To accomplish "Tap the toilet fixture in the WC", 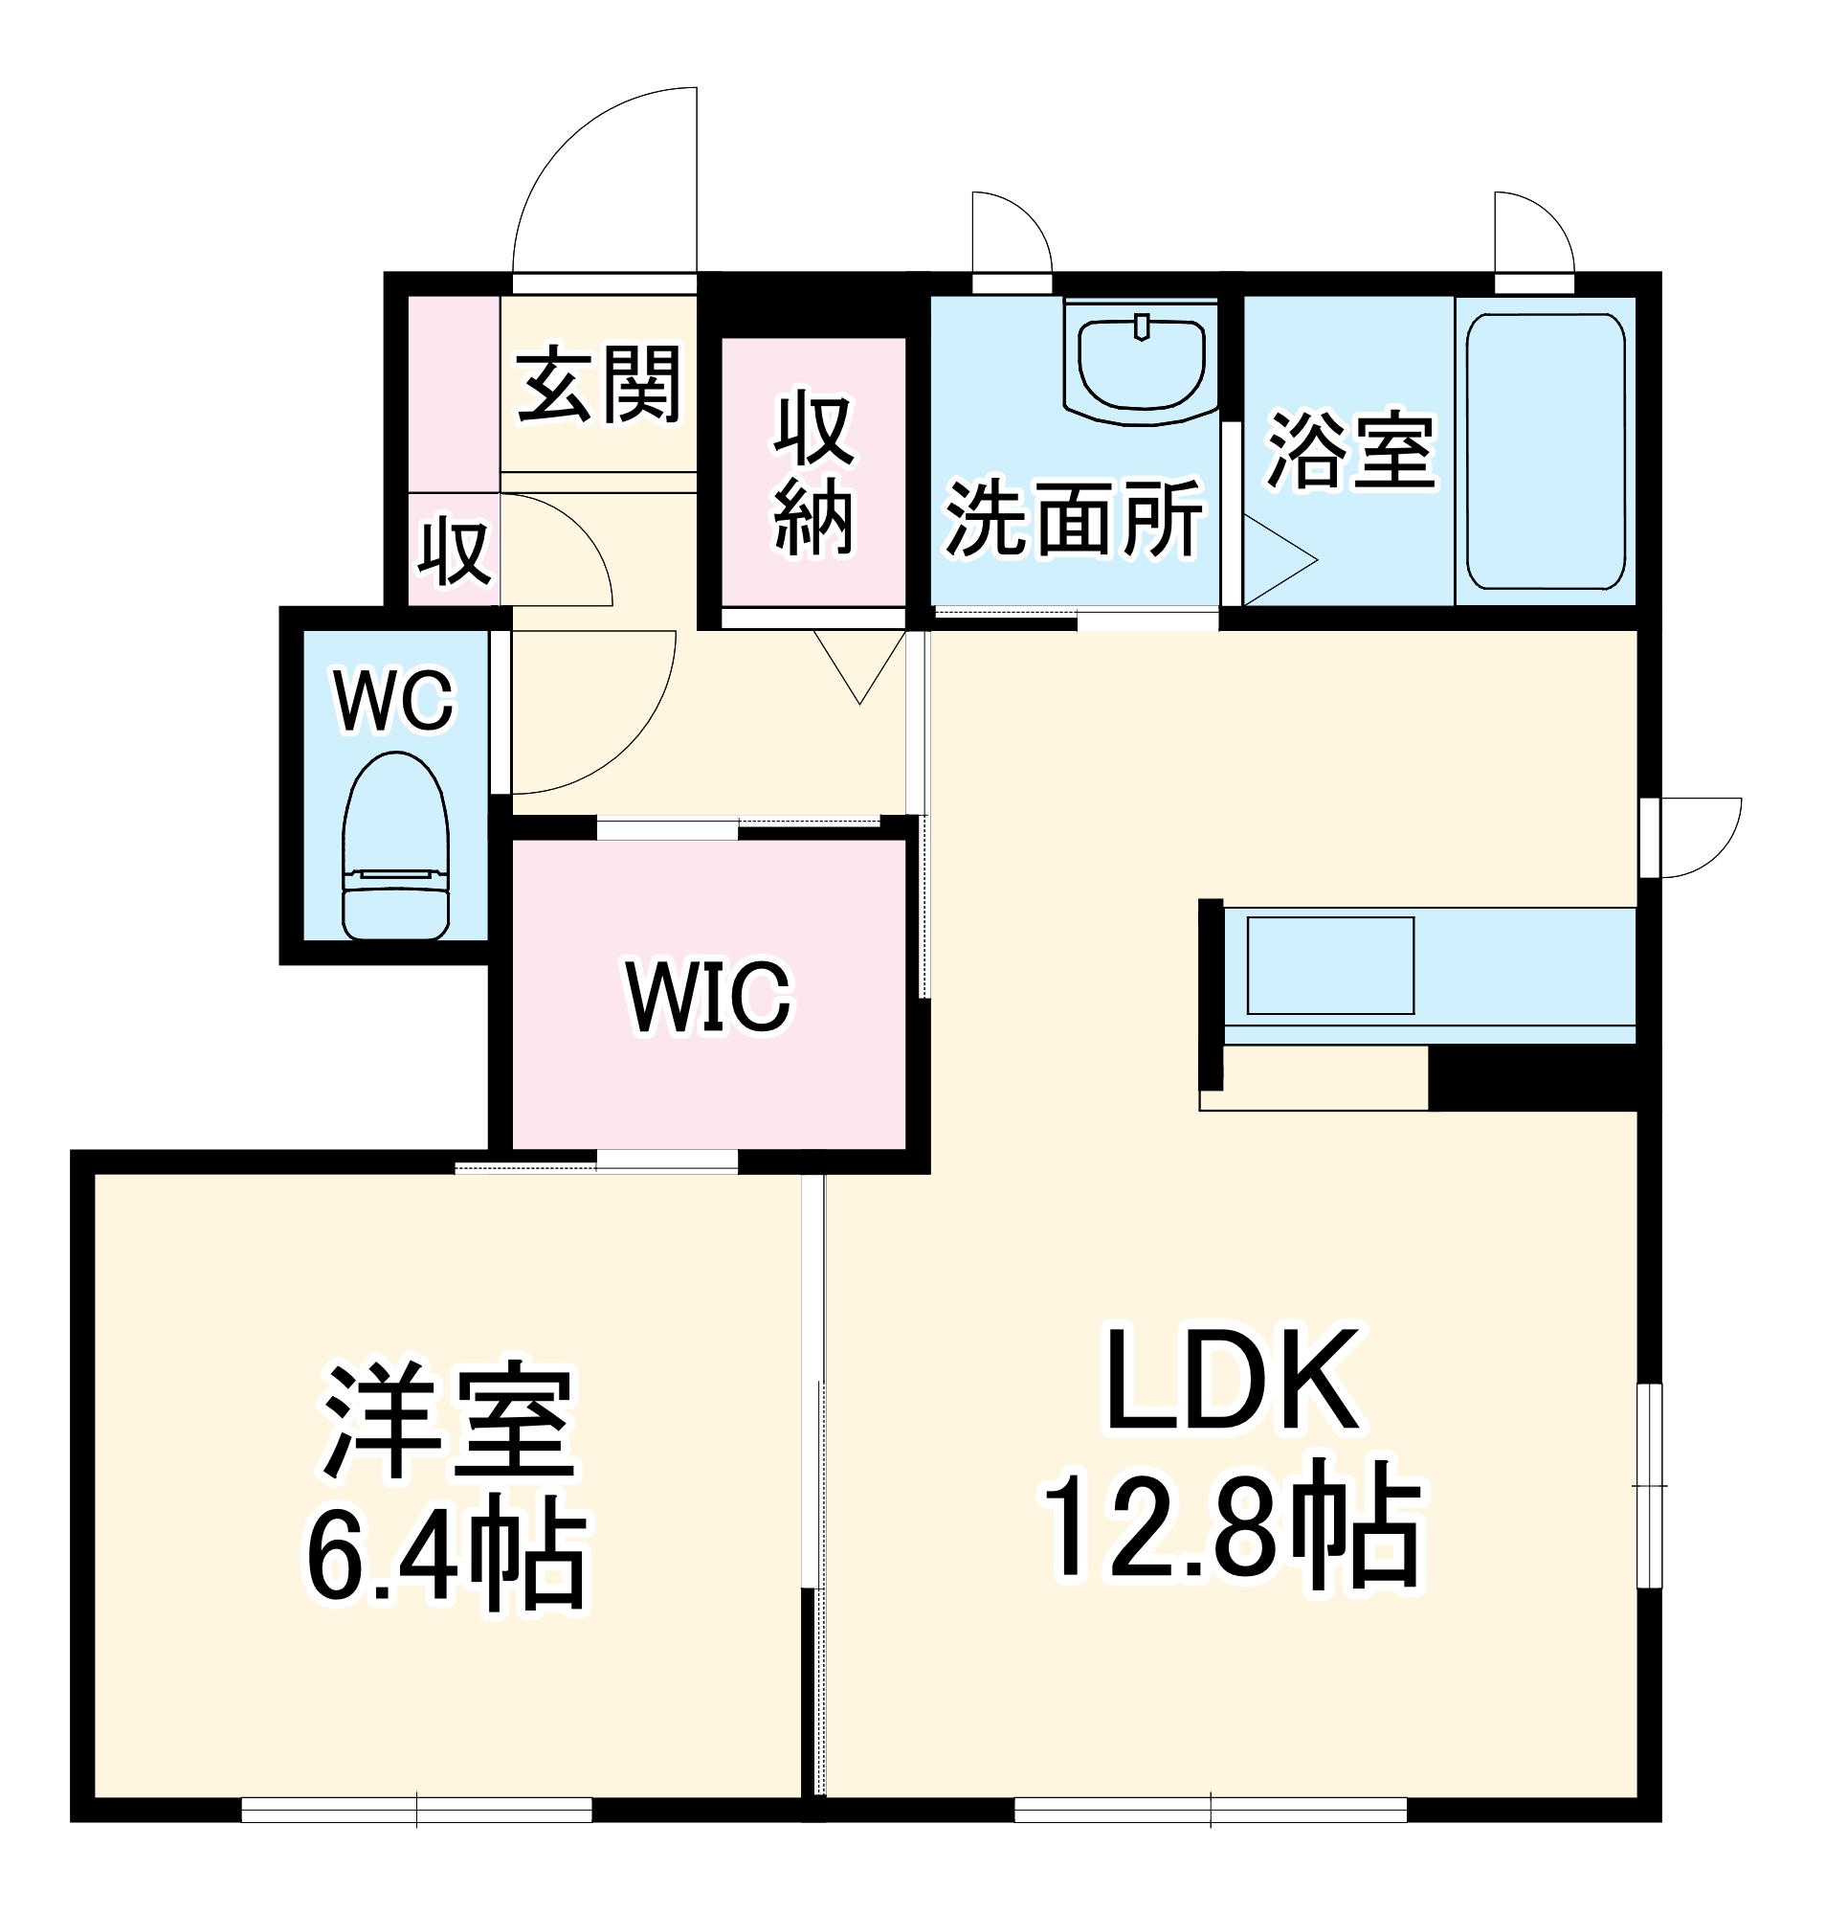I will pos(395,847).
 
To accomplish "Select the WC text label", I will pos(394,700).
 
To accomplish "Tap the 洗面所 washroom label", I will pos(1074,519).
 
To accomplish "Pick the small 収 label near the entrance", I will pos(454,552).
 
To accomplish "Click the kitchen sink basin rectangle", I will pos(1330,965).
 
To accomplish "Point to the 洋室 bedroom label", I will pos(450,1421).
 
